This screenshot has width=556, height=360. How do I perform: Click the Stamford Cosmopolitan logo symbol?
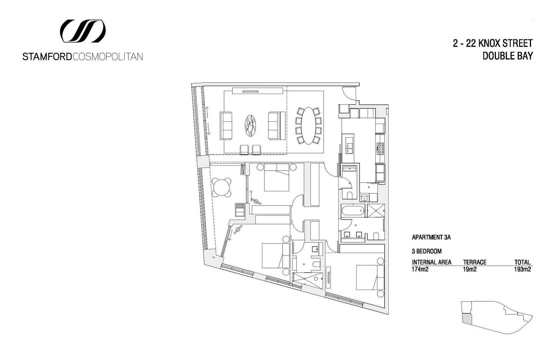tap(83, 31)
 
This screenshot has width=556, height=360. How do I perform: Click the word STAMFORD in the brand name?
tap(47, 57)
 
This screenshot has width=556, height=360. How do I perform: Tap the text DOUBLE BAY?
tap(507, 56)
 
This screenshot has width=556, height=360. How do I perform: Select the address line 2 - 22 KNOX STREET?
tap(493, 43)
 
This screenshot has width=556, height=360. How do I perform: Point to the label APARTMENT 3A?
tap(431, 237)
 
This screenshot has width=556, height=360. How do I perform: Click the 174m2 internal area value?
tap(420, 269)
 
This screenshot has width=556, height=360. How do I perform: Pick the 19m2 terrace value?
tap(470, 269)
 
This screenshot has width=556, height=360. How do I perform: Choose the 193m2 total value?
tap(522, 269)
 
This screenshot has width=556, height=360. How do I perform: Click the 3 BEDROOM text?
tap(426, 251)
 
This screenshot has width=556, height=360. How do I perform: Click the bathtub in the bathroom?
tap(353, 211)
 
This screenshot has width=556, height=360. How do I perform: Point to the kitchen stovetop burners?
tap(380, 148)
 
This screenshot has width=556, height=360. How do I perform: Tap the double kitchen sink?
tap(350, 148)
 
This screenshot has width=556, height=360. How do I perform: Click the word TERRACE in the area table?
tap(475, 262)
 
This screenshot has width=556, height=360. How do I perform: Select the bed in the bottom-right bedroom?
tap(369, 277)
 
